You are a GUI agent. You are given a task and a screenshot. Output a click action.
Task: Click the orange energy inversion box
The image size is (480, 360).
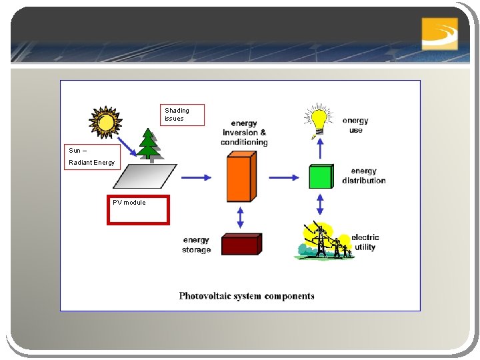tap(241, 177)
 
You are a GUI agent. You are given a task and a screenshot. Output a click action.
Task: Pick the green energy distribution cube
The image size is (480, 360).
tap(320, 177)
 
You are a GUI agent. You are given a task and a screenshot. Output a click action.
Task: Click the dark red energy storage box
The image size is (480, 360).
tap(241, 244)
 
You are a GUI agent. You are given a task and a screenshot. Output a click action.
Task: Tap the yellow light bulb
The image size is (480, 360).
tap(319, 119)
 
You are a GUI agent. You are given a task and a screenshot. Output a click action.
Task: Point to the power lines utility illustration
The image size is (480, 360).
tap(325, 241)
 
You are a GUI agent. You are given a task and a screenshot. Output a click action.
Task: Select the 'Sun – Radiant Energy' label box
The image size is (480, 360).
tap(93, 157)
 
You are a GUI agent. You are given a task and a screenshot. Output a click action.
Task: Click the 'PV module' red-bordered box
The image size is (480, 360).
tap(139, 209)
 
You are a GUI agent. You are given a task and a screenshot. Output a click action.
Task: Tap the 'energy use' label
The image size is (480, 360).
tap(355, 125)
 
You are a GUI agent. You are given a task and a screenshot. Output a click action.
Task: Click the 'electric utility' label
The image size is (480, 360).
tap(365, 242)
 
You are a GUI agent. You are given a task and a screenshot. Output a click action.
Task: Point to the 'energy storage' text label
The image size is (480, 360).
tap(196, 245)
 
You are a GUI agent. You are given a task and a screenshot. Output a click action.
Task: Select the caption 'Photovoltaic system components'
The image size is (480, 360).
tap(247, 296)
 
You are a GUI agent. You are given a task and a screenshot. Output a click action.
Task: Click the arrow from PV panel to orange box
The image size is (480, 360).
tap(196, 177)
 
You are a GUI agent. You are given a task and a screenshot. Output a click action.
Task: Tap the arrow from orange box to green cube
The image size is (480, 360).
tap(285, 177)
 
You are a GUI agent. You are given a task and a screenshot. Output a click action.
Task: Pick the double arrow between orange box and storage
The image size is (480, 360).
tap(241, 217)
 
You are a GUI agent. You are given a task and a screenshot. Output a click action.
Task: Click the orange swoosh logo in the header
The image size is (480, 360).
tap(440, 33)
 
